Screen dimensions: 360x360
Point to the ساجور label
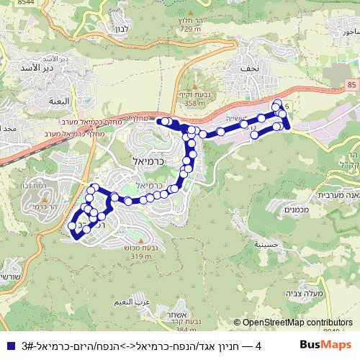(348, 31)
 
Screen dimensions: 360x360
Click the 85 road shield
(351, 86)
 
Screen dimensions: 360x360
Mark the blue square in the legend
(8, 346)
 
